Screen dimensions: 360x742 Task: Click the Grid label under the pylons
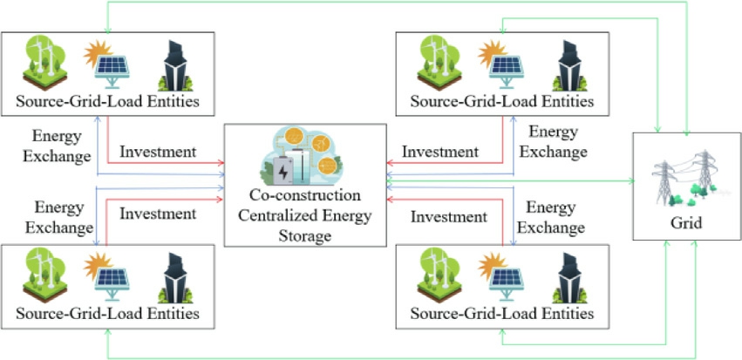click(x=682, y=223)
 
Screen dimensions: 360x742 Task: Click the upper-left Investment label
click(x=158, y=151)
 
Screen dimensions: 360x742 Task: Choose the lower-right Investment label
click(x=448, y=215)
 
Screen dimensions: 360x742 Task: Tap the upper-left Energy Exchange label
click(x=61, y=146)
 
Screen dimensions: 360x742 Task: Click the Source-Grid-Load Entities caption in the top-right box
click(x=501, y=102)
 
